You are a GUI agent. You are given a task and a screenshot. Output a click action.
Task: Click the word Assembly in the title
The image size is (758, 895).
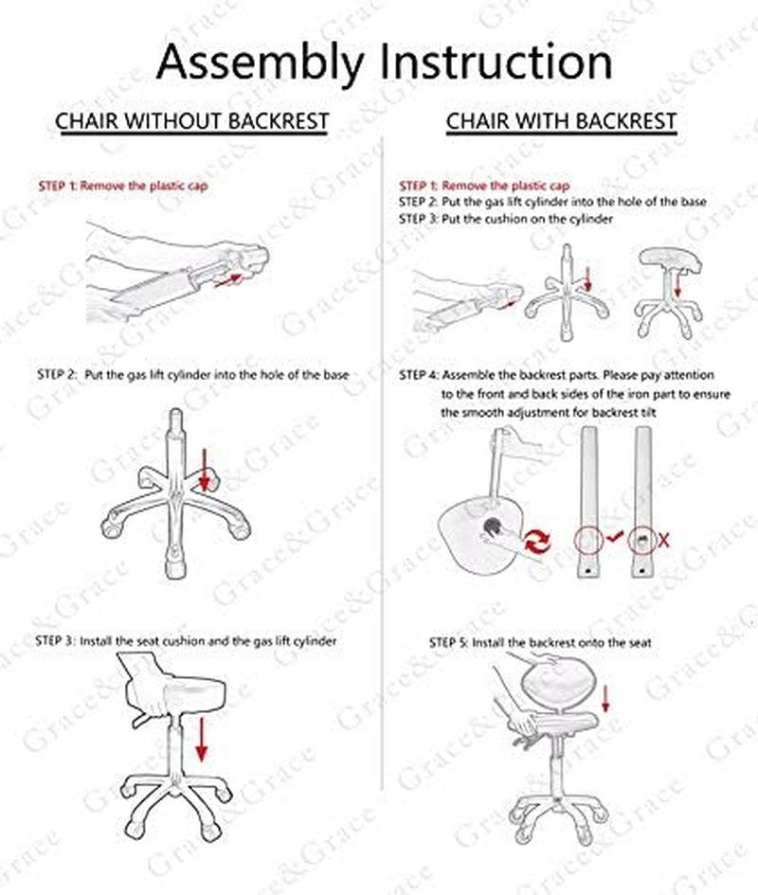click(x=260, y=63)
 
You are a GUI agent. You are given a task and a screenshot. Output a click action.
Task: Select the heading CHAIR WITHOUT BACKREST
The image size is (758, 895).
click(x=191, y=121)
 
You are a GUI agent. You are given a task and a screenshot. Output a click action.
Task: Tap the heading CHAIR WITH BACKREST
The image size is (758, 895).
click(x=561, y=121)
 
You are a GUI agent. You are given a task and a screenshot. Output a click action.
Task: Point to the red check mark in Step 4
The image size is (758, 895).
click(x=614, y=537)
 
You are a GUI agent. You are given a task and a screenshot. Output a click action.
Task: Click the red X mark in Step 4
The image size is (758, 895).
click(x=664, y=540)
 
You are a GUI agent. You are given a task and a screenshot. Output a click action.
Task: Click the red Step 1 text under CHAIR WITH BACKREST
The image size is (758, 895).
click(x=484, y=186)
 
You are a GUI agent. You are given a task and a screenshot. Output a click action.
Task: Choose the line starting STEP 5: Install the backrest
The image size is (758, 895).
click(x=540, y=643)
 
